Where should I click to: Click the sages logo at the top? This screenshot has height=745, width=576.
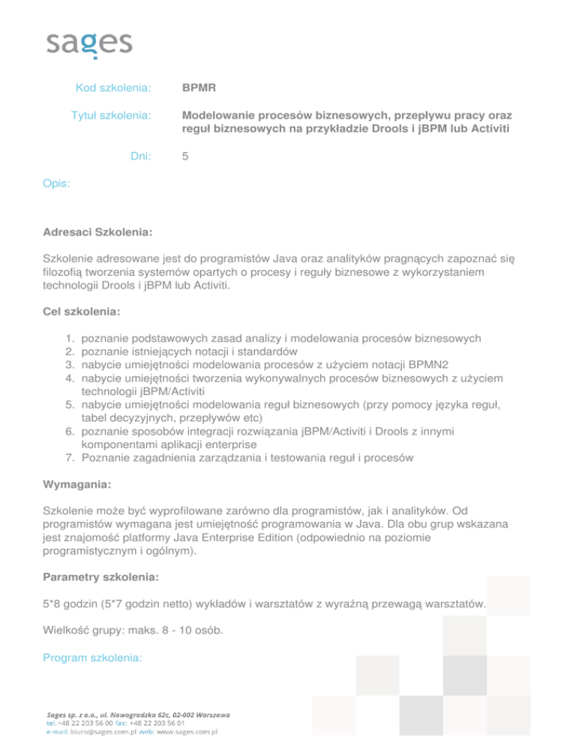[89, 43]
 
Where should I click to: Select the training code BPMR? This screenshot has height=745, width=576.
[199, 88]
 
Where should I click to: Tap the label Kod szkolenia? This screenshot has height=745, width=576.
[114, 88]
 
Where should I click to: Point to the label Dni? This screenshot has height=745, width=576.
[140, 157]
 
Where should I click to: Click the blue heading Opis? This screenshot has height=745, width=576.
[58, 182]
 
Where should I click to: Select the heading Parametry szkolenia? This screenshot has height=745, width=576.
[100, 579]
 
